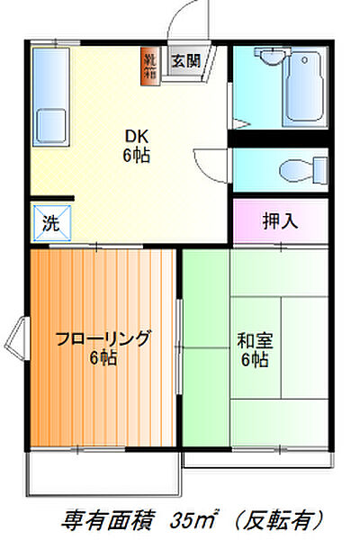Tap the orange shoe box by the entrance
149,66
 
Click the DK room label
137,136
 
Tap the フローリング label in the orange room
103,339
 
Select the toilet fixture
292,169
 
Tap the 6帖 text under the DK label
137,155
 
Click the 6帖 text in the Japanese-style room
255,361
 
